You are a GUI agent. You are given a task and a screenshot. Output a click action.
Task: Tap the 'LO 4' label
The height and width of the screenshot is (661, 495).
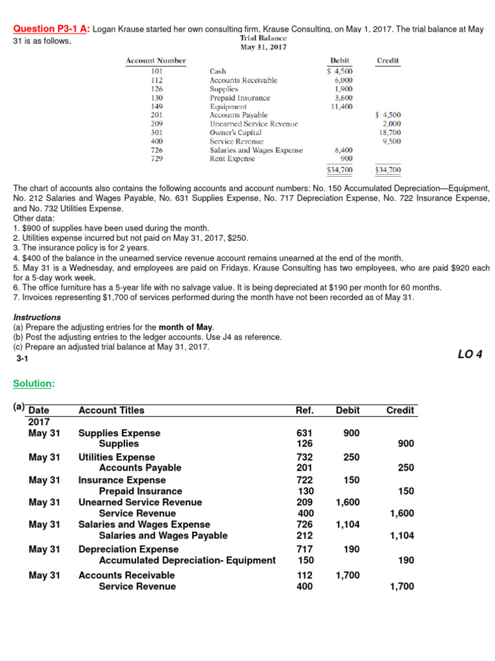coord(469,354)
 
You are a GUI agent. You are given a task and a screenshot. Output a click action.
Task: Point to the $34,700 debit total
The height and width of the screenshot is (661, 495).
coord(340,170)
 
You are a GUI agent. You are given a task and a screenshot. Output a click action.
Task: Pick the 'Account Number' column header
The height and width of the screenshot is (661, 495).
coord(155,61)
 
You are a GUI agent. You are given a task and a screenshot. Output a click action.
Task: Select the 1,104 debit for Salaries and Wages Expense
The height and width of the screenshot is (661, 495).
coord(347,525)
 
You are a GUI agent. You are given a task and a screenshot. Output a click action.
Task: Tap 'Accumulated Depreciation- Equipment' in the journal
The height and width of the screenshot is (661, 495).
coord(187,560)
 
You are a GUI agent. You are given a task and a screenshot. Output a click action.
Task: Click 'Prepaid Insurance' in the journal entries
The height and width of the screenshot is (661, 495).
coord(140,491)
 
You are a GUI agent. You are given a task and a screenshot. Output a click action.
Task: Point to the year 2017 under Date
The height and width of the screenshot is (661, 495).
coord(39,422)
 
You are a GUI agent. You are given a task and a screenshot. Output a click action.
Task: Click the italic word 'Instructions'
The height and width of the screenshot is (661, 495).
coord(37,318)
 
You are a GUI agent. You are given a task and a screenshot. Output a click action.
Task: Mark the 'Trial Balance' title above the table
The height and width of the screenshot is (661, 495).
coord(263,38)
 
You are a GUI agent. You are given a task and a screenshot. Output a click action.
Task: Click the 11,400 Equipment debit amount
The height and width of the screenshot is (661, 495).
coord(341,106)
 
